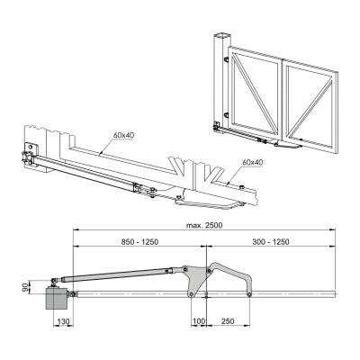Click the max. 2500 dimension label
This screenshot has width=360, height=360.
[x=204, y=225]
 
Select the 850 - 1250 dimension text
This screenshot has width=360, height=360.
[x=139, y=241]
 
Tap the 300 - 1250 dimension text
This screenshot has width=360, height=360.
[x=270, y=241]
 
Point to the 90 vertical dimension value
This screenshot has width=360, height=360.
[x=28, y=287]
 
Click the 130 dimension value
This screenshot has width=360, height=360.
[x=63, y=321]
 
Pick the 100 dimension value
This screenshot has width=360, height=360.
[x=199, y=321]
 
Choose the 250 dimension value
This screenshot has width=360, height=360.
[x=228, y=321]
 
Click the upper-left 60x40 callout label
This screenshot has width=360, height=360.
[x=123, y=135]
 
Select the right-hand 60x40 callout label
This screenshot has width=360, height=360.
[x=253, y=162]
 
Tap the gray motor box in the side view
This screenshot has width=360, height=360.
[x=57, y=298]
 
